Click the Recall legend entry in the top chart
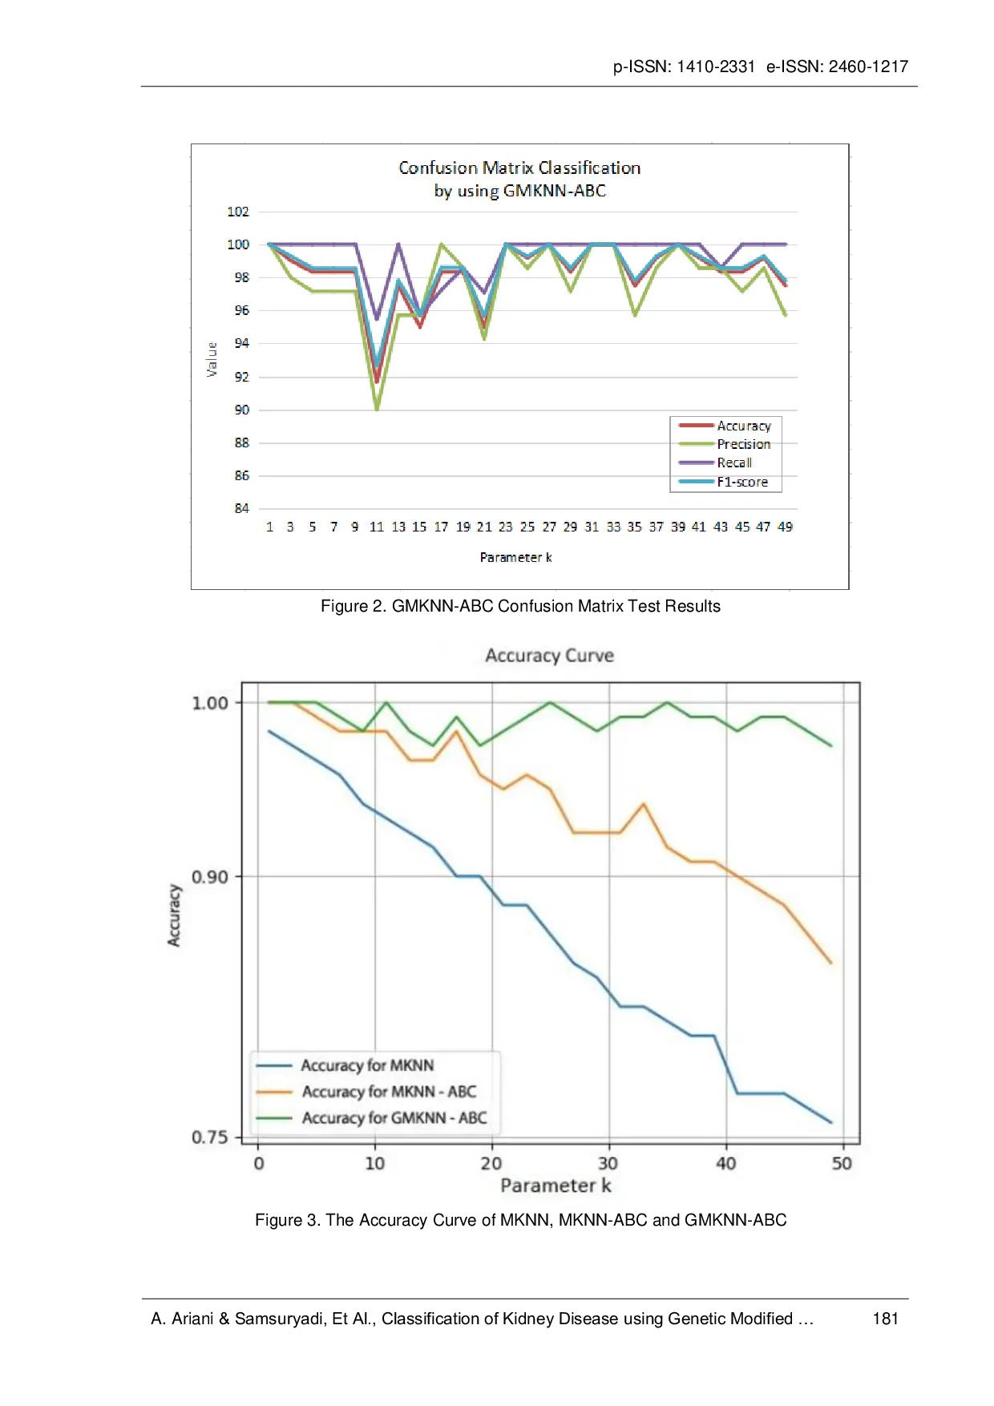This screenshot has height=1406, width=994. (x=733, y=463)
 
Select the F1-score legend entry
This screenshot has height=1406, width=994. (x=741, y=482)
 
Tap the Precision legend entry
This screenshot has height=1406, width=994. (x=743, y=444)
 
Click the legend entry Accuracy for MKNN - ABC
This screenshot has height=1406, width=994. (x=388, y=1092)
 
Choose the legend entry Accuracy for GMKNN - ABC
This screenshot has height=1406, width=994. (x=394, y=1118)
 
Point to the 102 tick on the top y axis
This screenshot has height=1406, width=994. (x=238, y=212)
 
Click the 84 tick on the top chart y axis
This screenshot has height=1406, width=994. (x=241, y=508)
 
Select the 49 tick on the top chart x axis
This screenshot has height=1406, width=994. (x=785, y=527)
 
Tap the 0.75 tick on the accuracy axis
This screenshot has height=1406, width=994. (x=209, y=1137)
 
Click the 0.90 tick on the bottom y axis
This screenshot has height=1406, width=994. (x=209, y=877)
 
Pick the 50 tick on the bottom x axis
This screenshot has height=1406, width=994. (x=842, y=1164)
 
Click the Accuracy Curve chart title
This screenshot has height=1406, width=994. (x=549, y=656)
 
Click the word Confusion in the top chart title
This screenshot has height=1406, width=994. (x=438, y=168)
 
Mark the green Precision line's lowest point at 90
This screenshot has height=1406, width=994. (x=377, y=409)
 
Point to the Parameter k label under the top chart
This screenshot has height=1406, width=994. (x=515, y=557)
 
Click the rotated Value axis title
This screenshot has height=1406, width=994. (x=212, y=359)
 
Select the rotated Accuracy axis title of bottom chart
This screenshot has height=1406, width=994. (x=174, y=915)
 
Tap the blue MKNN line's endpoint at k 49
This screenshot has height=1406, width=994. (x=831, y=1122)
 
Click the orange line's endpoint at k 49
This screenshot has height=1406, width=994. (x=831, y=963)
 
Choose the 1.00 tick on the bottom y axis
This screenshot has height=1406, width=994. (x=209, y=703)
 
